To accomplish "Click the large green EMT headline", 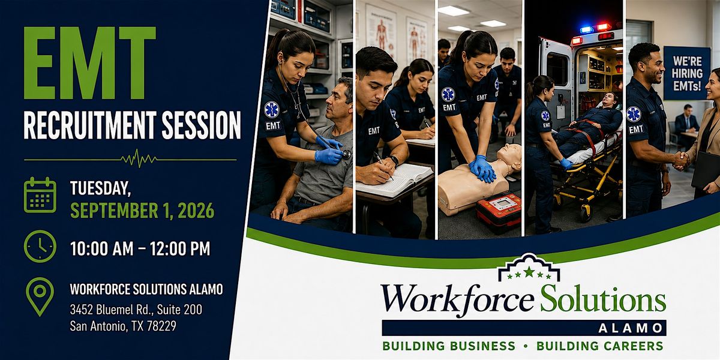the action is pyautogui.click(x=90, y=63).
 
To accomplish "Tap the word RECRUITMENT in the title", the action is pyautogui.click(x=90, y=125).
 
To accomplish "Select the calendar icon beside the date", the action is pyautogui.click(x=40, y=195).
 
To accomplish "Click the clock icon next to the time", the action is pyautogui.click(x=40, y=247).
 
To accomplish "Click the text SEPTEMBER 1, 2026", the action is pyautogui.click(x=142, y=211).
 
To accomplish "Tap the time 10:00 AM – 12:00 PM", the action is pyautogui.click(x=140, y=248).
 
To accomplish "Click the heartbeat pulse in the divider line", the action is pyautogui.click(x=139, y=158).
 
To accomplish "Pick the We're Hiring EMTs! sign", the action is pyautogui.click(x=687, y=73).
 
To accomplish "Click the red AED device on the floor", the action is pyautogui.click(x=498, y=211).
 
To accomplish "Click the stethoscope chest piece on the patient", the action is pyautogui.click(x=346, y=155).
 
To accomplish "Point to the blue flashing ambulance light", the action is pyautogui.click(x=587, y=29).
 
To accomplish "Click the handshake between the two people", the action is pyautogui.click(x=681, y=161).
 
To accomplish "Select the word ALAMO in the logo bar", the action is pyautogui.click(x=631, y=328).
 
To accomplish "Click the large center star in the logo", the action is pyautogui.click(x=529, y=272).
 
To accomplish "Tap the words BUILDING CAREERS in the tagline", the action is pyautogui.click(x=600, y=346).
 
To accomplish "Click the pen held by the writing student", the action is pyautogui.click(x=383, y=166).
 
